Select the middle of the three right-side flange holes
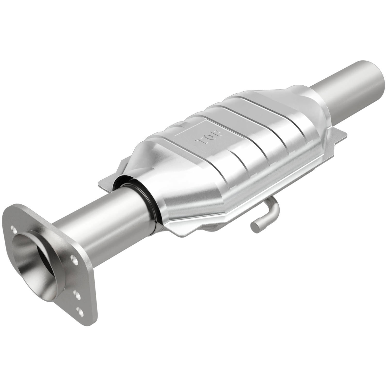(77, 294)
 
